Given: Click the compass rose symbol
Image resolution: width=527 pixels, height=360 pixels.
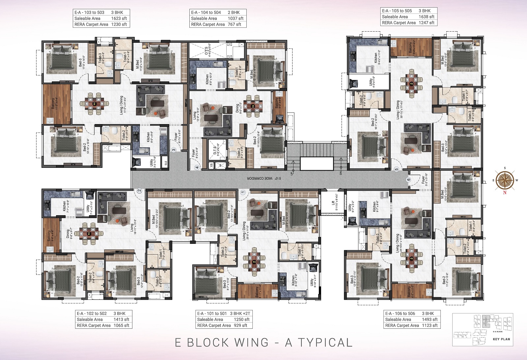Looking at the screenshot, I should (x=505, y=180).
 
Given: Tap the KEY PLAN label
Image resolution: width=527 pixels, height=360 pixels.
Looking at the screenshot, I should (x=501, y=339).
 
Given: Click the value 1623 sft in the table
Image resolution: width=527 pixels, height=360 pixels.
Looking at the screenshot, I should (x=119, y=18).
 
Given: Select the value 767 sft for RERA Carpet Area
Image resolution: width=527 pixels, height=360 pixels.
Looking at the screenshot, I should (x=234, y=24).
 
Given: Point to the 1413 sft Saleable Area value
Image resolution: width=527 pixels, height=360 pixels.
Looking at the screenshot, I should (x=121, y=319).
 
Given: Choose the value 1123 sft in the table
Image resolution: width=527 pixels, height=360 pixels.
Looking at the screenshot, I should (x=430, y=325).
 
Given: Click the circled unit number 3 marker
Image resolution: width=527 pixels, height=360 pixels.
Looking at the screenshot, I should (x=174, y=150).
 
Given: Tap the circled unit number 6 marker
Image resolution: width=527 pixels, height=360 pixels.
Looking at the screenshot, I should (x=409, y=180).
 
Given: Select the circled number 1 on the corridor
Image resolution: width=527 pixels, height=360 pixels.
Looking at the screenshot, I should (x=243, y=192).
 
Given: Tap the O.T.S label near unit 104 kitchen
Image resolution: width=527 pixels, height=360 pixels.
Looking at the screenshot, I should (x=207, y=51).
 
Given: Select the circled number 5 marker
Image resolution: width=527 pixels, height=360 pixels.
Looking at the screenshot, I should (x=397, y=169).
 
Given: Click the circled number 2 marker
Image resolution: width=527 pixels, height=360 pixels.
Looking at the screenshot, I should (x=139, y=191).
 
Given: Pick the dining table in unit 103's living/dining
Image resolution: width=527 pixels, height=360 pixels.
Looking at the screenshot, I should (x=95, y=104).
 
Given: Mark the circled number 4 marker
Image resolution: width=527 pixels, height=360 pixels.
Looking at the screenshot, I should (x=197, y=167).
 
